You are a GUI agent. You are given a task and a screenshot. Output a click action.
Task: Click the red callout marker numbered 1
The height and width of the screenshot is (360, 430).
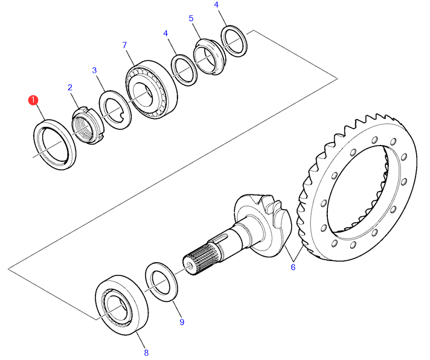click(x=33, y=100)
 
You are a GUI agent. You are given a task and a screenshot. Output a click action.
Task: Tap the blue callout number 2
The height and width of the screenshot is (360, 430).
click(x=70, y=88)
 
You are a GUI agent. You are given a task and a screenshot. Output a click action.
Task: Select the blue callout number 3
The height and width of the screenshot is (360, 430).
click(x=94, y=70)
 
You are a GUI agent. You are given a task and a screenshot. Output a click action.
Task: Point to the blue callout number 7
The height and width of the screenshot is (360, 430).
click(x=125, y=45)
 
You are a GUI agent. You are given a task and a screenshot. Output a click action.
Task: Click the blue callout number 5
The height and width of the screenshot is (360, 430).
click(x=191, y=18)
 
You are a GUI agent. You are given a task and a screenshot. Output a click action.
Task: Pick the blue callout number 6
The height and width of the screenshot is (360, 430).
click(x=293, y=267)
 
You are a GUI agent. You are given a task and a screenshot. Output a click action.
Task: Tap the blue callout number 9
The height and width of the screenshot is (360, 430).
click(x=182, y=322)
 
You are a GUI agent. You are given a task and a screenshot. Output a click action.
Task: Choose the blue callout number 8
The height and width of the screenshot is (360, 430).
click(x=146, y=353)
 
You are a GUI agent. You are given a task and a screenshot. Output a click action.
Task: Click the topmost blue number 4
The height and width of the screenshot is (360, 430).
click(x=216, y=5)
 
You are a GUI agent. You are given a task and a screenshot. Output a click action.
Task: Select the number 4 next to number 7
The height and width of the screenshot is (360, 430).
click(x=165, y=33)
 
